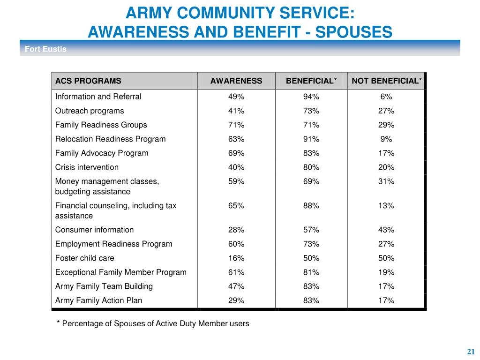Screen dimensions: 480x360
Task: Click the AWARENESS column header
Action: (x=236, y=81)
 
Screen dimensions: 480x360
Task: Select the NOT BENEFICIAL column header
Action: (x=387, y=81)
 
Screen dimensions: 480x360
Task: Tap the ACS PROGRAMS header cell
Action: (x=88, y=81)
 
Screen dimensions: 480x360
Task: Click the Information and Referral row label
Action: (x=98, y=97)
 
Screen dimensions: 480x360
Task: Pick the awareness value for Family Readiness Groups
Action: (x=236, y=125)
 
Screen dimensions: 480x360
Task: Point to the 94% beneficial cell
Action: (x=311, y=97)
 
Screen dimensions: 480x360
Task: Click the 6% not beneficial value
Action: (x=386, y=97)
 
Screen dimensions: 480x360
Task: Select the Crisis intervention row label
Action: (x=87, y=167)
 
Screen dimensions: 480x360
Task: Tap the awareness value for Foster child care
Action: (x=236, y=258)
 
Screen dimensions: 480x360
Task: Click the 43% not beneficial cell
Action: (x=386, y=230)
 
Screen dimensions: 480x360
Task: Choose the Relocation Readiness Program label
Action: (x=110, y=139)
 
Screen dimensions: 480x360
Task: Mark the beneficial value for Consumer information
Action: (x=311, y=230)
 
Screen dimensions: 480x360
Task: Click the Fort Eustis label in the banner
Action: (x=45, y=49)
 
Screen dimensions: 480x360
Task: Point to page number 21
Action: (x=471, y=352)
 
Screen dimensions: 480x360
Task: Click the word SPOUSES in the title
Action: (x=353, y=32)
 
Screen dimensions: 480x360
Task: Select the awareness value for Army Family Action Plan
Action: (x=236, y=300)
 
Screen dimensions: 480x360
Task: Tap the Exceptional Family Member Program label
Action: (x=120, y=272)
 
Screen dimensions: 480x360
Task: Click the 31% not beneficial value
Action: (x=386, y=181)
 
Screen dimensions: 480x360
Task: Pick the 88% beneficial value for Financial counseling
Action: (x=311, y=206)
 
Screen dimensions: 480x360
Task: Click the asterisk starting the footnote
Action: (x=58, y=322)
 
